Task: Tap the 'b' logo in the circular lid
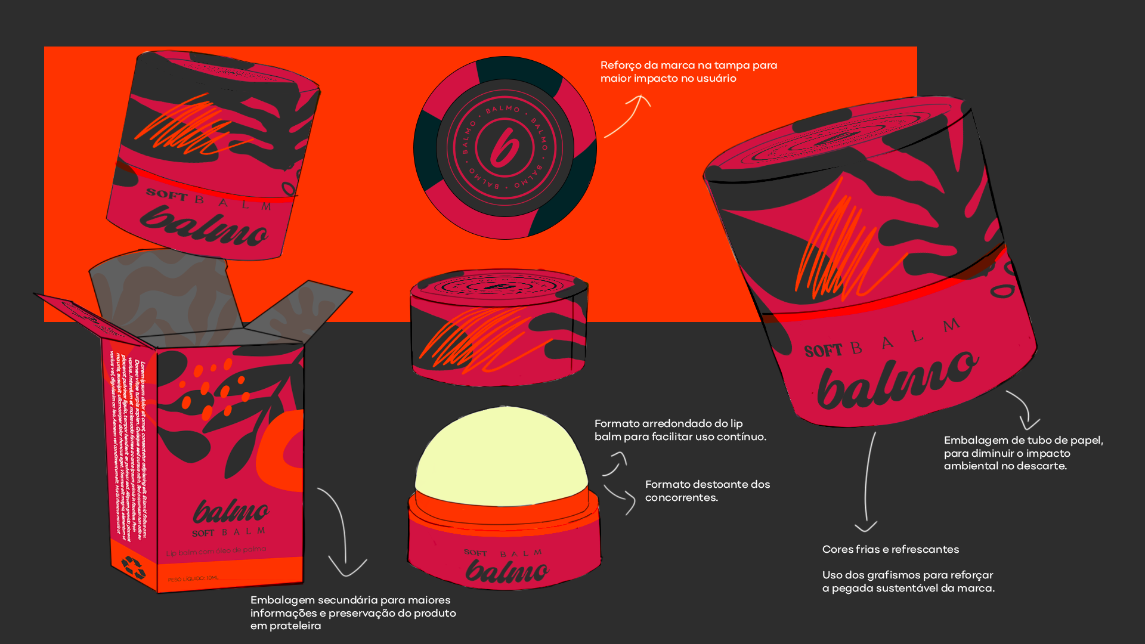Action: [505, 147]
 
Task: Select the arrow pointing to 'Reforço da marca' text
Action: [628, 116]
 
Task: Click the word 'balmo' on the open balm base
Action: [506, 572]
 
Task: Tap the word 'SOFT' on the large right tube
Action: [822, 351]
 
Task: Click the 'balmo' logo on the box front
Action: [231, 512]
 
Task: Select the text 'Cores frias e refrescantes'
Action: [890, 549]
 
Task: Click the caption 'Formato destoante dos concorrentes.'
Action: [707, 491]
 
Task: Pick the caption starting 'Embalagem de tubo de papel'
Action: [1023, 453]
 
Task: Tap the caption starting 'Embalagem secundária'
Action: [353, 612]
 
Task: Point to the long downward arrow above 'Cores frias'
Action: [868, 483]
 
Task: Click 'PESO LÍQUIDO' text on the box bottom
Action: [193, 578]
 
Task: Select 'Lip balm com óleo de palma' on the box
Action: [216, 551]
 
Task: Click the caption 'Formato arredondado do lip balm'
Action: [680, 430]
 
